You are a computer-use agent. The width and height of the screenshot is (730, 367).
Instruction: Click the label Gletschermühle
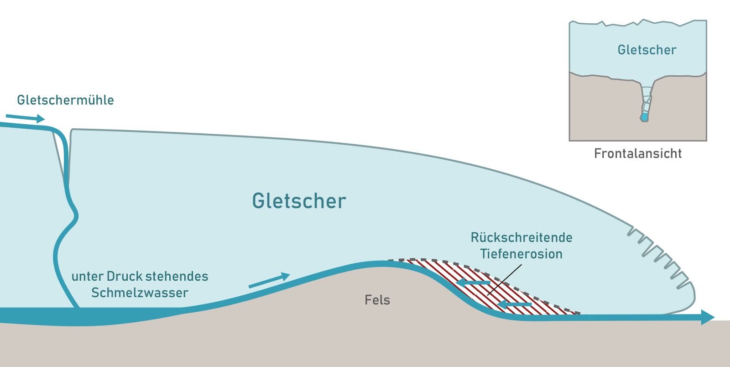point(65,100)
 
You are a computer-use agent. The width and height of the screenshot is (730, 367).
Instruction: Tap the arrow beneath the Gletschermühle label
point(26,118)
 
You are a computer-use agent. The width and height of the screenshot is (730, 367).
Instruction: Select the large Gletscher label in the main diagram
point(299,201)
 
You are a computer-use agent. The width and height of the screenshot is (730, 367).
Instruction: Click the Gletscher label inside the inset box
point(647,50)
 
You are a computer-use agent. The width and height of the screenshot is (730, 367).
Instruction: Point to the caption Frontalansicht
point(637,153)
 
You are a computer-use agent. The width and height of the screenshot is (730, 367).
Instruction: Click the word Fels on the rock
point(377,300)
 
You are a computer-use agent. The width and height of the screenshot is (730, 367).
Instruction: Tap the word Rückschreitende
point(521,237)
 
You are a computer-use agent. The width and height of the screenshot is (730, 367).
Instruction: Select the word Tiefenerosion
point(521,254)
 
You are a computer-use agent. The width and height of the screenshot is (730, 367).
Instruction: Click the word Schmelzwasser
point(140,293)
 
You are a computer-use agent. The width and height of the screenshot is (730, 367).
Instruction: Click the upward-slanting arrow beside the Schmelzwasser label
point(269,280)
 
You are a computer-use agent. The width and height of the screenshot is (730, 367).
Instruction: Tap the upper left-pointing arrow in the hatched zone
point(473,283)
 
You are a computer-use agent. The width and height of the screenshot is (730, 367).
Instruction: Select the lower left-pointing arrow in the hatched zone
point(514,304)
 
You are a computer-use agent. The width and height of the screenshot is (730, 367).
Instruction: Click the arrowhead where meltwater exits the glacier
point(707,317)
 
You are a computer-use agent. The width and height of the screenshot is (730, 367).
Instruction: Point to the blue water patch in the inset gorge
point(644,117)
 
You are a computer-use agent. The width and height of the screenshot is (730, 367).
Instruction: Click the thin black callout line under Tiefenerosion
point(504,279)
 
